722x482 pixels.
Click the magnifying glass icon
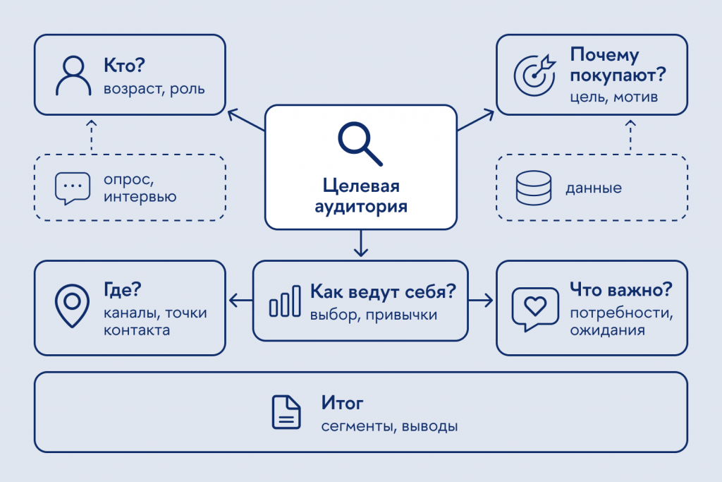tap(360, 143)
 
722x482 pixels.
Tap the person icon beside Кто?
tap(73, 76)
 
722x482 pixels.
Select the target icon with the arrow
tap(534, 75)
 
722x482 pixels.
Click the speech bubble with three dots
tap(73, 188)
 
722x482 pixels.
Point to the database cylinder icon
tap(534, 188)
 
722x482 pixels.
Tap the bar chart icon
tap(285, 301)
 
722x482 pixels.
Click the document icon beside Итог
tap(286, 412)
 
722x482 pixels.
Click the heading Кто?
tap(124, 66)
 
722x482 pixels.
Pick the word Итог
tap(342, 403)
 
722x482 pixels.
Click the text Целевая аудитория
tap(361, 196)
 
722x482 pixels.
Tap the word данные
tap(594, 188)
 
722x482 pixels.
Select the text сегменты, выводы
tap(389, 426)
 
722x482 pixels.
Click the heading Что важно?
tap(620, 290)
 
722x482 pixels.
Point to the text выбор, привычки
tap(374, 315)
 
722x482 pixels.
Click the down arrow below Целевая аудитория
tap(361, 243)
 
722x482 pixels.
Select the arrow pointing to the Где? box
tap(241, 301)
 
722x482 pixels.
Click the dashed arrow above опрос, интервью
tap(92, 137)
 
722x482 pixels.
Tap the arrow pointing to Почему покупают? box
tap(476, 120)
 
